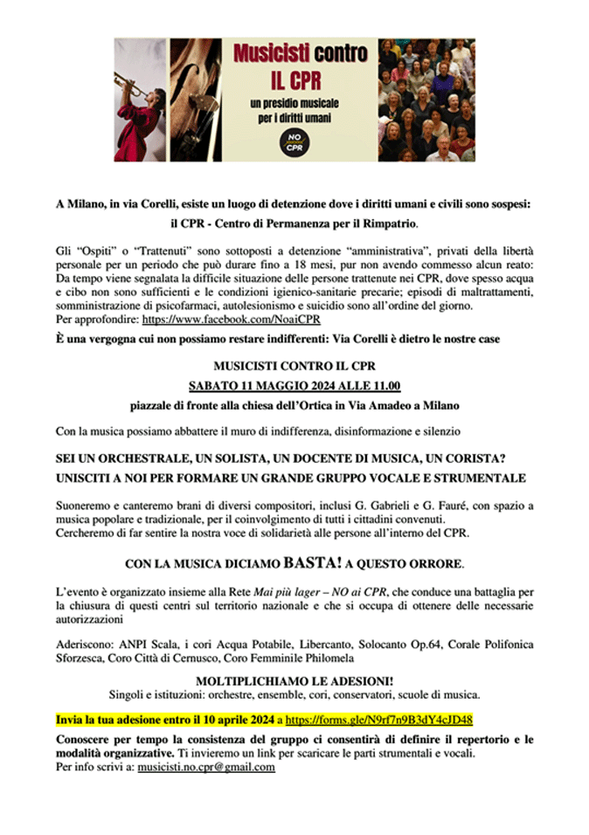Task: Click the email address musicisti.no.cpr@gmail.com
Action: coord(206,767)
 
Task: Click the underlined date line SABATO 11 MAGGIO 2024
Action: coord(294,385)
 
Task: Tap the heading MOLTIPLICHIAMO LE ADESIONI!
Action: coord(294,681)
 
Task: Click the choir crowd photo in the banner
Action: coord(426,100)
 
